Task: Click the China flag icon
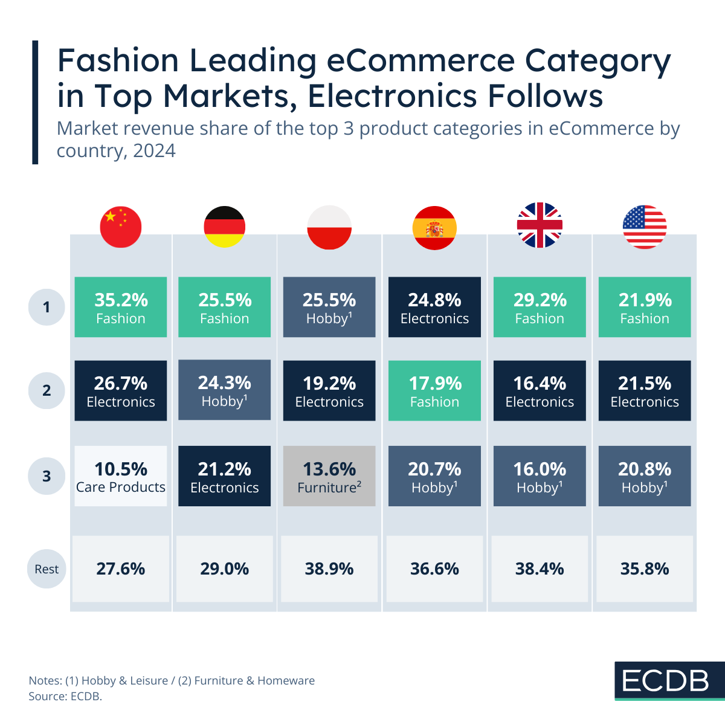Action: pyautogui.click(x=121, y=227)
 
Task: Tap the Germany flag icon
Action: pyautogui.click(x=225, y=227)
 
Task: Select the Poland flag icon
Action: pyautogui.click(x=329, y=227)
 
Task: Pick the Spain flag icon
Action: pyautogui.click(x=434, y=227)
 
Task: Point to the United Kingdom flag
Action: pyautogui.click(x=540, y=225)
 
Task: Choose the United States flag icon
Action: pyautogui.click(x=645, y=227)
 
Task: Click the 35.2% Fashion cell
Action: pyautogui.click(x=121, y=307)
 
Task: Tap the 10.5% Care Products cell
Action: pyautogui.click(x=121, y=476)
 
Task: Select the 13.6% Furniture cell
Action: pyautogui.click(x=329, y=476)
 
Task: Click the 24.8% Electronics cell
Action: pyautogui.click(x=434, y=307)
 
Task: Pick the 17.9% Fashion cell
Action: pyautogui.click(x=434, y=390)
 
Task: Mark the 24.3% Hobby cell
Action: pyautogui.click(x=225, y=390)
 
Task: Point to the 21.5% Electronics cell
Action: pyautogui.click(x=645, y=390)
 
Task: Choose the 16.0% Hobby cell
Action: pyautogui.click(x=540, y=476)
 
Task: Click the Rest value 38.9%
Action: pyautogui.click(x=329, y=569)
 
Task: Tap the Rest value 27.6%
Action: pyautogui.click(x=121, y=569)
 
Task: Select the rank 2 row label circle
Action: pyautogui.click(x=47, y=390)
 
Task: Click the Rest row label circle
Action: pyautogui.click(x=47, y=569)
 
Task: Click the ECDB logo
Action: pyautogui.click(x=666, y=681)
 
